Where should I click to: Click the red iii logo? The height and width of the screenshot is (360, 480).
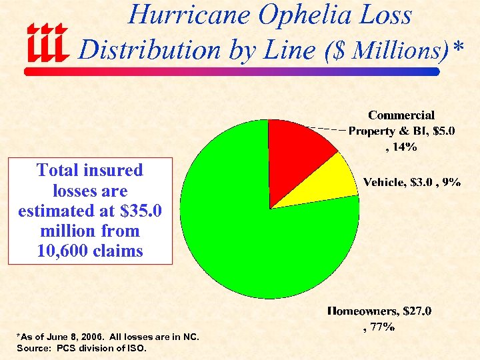(x=47, y=41)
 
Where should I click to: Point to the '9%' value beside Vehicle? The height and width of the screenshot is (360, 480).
(x=450, y=182)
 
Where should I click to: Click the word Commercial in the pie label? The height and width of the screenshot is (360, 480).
(x=401, y=115)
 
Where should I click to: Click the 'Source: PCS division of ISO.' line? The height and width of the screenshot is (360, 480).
(x=81, y=348)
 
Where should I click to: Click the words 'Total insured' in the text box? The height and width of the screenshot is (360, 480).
(x=90, y=170)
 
